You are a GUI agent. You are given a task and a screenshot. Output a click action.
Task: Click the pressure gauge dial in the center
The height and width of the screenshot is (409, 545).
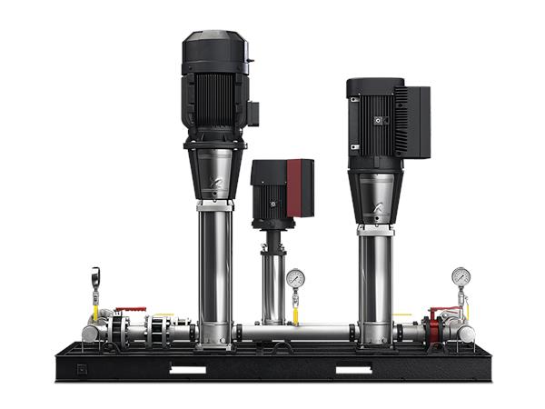294,278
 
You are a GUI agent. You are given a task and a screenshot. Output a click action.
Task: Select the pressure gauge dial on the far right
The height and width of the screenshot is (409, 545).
461,276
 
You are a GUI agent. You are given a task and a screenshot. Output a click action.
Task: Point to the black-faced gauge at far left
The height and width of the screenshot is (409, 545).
95,275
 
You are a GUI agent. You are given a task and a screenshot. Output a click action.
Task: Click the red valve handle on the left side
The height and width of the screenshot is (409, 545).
130,310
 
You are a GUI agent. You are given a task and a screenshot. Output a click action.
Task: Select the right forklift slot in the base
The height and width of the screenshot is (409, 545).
354,369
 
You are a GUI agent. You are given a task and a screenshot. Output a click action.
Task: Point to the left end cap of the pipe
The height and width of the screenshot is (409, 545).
88,334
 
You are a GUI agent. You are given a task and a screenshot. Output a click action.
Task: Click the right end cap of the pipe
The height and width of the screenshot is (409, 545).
467,334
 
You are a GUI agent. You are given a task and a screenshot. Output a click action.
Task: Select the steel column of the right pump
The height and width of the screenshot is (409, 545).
374,282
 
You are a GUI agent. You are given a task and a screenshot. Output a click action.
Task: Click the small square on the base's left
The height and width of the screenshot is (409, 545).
81,369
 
